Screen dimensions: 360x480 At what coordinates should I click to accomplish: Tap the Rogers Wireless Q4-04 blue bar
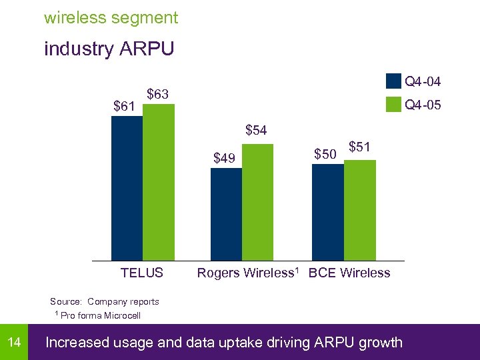[226, 214]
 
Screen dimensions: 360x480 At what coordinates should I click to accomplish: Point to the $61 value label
[125, 105]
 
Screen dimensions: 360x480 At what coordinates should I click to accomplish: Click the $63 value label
[157, 94]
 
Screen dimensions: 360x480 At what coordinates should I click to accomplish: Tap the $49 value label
[224, 158]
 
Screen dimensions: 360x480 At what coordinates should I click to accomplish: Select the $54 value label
[256, 130]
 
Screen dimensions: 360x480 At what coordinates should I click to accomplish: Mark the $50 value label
[325, 154]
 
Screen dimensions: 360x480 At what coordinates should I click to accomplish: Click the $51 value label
[360, 146]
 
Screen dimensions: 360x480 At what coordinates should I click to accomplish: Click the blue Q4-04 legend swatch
[393, 82]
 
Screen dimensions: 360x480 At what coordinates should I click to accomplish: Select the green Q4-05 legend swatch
[393, 104]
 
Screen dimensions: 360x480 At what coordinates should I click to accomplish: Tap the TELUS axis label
[142, 273]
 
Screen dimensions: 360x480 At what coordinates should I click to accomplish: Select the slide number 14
[14, 343]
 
